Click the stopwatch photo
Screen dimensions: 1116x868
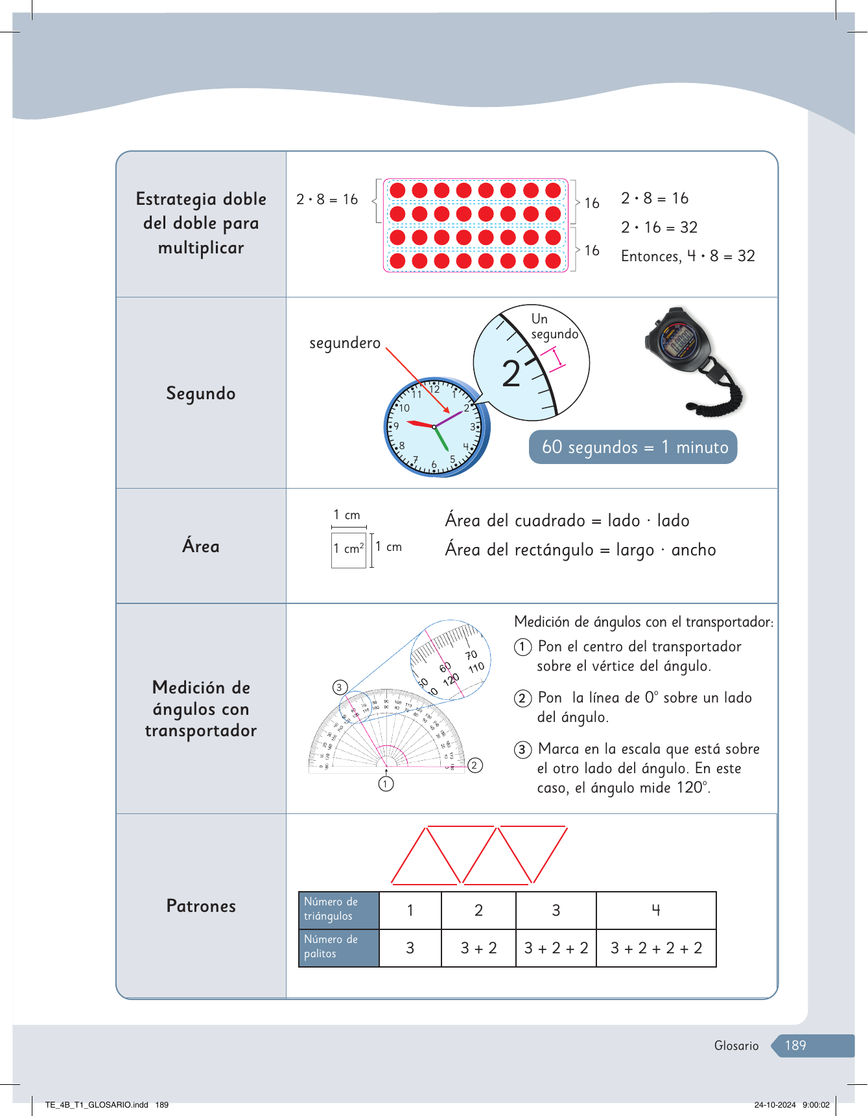coord(692,360)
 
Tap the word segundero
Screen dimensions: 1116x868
coord(344,343)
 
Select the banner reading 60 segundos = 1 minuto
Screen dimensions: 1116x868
coord(633,447)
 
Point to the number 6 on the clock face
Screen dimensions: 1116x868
coord(434,464)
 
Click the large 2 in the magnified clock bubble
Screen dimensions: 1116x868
coord(511,374)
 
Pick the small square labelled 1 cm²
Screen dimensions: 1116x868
coord(349,550)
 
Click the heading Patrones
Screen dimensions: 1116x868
coord(201,906)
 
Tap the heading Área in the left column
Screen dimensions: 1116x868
coord(201,546)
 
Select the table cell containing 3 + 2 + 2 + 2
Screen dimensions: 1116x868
coord(656,948)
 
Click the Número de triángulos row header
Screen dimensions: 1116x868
coord(338,910)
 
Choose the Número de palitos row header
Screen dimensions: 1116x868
coord(338,947)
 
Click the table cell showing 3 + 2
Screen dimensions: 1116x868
coord(478,948)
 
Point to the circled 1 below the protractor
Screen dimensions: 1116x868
coord(386,784)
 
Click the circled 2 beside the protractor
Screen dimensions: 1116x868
coord(475,765)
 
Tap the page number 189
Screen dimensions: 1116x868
coord(795,1045)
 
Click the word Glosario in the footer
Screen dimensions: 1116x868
coord(736,1045)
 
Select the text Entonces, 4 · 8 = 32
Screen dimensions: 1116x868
coord(688,256)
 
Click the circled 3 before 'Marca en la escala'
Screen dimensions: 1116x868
coord(523,750)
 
